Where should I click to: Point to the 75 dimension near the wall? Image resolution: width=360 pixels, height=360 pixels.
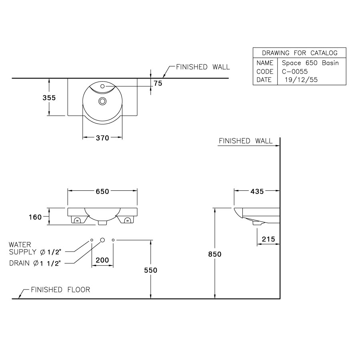point(158,83)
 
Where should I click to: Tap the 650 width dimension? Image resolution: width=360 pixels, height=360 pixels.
point(102,192)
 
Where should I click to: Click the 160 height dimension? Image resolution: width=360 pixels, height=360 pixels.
point(36,217)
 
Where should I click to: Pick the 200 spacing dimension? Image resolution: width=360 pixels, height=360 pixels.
point(102,260)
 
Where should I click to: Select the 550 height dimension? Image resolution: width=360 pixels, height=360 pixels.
point(151,270)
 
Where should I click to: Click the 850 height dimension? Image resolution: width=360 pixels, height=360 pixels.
point(215,254)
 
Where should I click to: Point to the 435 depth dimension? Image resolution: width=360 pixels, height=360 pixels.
point(257,192)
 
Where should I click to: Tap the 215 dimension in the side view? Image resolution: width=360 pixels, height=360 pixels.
point(268,239)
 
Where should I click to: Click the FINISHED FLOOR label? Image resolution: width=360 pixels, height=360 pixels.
point(60,290)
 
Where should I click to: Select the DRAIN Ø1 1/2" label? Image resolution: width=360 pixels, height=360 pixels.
point(35,263)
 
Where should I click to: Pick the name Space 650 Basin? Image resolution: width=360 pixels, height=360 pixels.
point(310,63)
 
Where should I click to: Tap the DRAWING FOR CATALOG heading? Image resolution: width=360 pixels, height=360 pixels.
point(300,53)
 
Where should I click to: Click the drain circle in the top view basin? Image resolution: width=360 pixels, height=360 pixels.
point(102,101)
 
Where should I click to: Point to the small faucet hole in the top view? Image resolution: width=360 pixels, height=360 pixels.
point(102,86)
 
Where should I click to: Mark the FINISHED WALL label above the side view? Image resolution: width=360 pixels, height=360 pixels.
point(246,141)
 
